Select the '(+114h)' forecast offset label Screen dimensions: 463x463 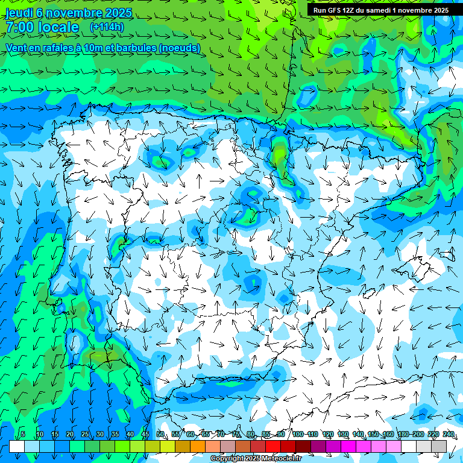click(107, 27)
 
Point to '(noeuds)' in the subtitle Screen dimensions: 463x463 click(178, 48)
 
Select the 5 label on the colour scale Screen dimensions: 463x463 click(22, 434)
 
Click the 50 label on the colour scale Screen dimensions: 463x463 click(160, 434)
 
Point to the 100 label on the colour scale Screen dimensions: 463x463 click(298, 434)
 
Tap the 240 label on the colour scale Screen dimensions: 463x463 click(449, 434)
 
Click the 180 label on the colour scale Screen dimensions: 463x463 click(403, 434)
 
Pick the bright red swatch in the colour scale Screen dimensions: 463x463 click(273, 446)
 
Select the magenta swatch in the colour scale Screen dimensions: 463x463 click(348, 446)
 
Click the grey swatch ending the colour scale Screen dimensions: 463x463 click(439, 446)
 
